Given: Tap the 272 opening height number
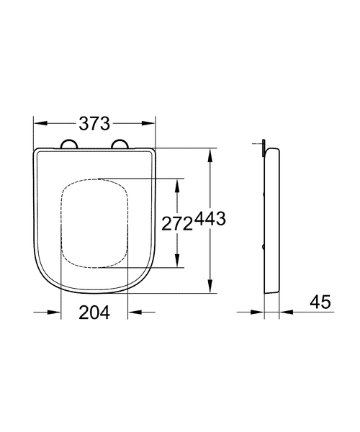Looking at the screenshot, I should pyautogui.click(x=176, y=224).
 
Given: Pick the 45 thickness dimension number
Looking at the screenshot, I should pyautogui.click(x=320, y=302).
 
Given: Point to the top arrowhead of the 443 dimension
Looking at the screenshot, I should pyautogui.click(x=210, y=153).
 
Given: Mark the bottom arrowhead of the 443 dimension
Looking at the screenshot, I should pyautogui.click(x=210, y=289).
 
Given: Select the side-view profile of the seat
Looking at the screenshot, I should pyautogui.click(x=273, y=223).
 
